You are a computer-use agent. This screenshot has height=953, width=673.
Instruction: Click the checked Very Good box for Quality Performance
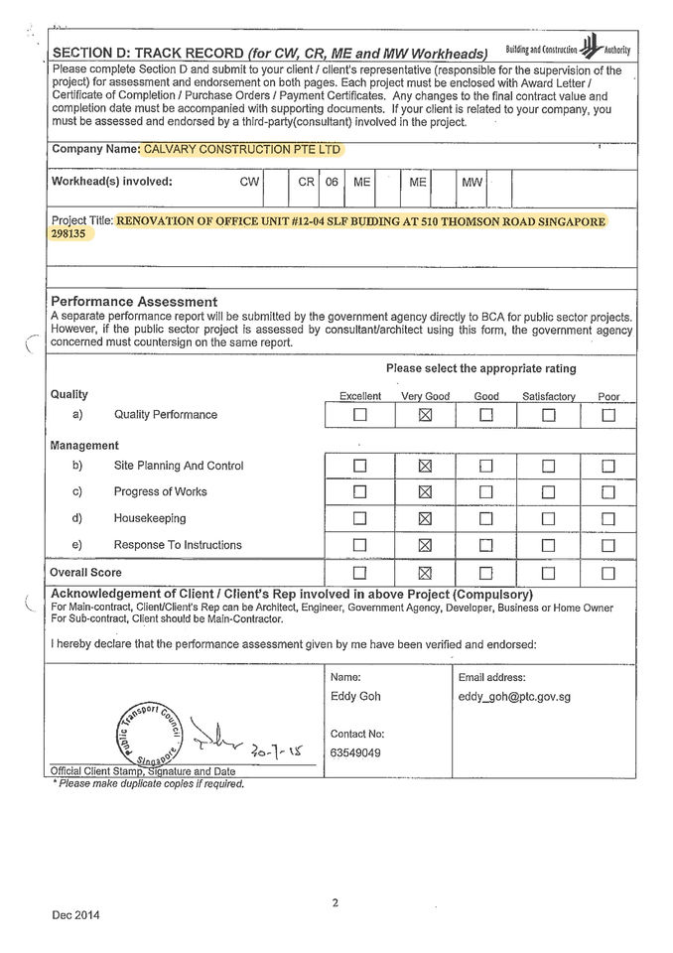pos(425,415)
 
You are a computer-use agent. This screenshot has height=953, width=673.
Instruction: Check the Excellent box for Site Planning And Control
pos(359,466)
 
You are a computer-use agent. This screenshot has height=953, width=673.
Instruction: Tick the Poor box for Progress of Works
pos(608,491)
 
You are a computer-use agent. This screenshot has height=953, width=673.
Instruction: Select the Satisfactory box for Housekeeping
pos(548,518)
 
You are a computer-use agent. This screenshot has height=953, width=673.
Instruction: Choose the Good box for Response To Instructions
pos(486,545)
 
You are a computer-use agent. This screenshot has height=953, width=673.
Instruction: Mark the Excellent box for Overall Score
pos(359,573)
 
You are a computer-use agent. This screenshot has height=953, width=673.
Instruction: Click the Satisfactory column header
pos(548,396)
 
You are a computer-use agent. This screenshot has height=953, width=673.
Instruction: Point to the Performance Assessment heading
pos(134,302)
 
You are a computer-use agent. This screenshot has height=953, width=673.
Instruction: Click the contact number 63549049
pos(354,753)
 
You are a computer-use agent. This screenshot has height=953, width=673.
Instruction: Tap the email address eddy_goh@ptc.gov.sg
pos(514,697)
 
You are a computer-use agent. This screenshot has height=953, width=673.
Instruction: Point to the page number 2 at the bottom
pos(336,902)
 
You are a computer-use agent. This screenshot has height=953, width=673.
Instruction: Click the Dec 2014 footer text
pos(76,914)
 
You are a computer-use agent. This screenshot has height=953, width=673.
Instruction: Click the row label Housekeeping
pos(149,518)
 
